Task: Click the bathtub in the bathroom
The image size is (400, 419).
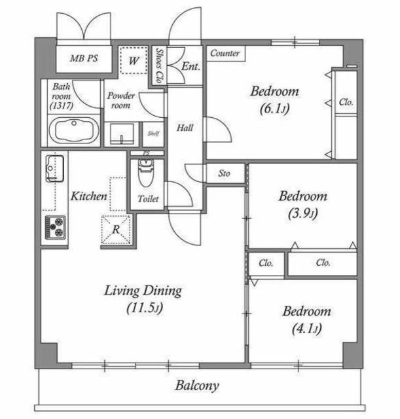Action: click(x=74, y=130)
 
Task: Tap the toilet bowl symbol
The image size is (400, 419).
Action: click(x=145, y=171)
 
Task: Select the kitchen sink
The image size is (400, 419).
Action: click(x=55, y=168)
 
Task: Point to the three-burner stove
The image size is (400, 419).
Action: click(x=55, y=227)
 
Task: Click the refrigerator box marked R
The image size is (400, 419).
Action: click(x=117, y=230)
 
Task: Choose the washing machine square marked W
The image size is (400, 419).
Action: click(x=134, y=60)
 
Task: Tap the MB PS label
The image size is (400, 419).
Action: click(x=84, y=58)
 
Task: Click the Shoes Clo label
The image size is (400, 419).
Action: click(x=160, y=65)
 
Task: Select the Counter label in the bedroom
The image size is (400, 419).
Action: click(x=225, y=53)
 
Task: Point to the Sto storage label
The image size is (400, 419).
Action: click(x=224, y=173)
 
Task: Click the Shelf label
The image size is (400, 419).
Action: click(x=153, y=133)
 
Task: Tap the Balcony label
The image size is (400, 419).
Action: click(x=197, y=386)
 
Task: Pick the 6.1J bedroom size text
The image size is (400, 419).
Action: click(x=275, y=109)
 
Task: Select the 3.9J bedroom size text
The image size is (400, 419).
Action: click(x=302, y=213)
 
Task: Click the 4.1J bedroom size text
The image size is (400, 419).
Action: click(x=306, y=329)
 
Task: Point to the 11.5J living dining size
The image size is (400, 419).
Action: click(x=145, y=308)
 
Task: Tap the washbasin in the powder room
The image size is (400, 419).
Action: click(x=122, y=134)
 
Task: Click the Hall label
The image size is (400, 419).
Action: click(x=185, y=128)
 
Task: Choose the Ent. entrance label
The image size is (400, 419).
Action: click(x=191, y=66)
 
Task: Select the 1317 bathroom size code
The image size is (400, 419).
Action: click(x=62, y=106)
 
